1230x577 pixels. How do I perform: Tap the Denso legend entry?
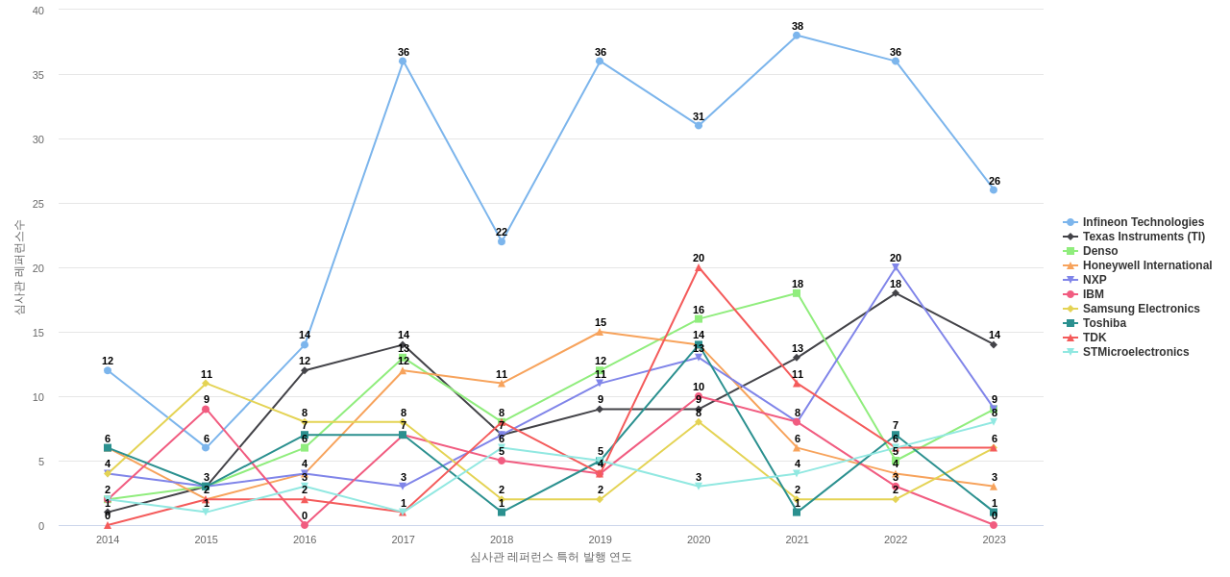(1099, 251)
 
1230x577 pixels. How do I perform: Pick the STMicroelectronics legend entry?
(1135, 352)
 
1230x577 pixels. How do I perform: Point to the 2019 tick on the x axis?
(600, 539)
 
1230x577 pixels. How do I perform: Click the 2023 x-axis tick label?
(994, 539)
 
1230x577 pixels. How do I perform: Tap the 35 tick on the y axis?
(38, 75)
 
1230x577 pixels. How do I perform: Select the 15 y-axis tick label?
(38, 333)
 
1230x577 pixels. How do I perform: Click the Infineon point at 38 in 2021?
(797, 36)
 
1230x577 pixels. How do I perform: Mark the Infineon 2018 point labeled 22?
(502, 241)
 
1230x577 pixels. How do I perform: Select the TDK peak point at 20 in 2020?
(699, 267)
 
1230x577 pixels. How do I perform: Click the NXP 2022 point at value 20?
(896, 267)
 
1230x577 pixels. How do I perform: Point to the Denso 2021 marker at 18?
(797, 293)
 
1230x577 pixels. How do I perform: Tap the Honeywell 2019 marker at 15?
(600, 332)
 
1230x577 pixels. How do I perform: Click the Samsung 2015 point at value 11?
(206, 384)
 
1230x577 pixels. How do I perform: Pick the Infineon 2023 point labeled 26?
(994, 189)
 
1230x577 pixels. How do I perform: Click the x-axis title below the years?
(551, 557)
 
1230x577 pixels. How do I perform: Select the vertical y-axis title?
(18, 267)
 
